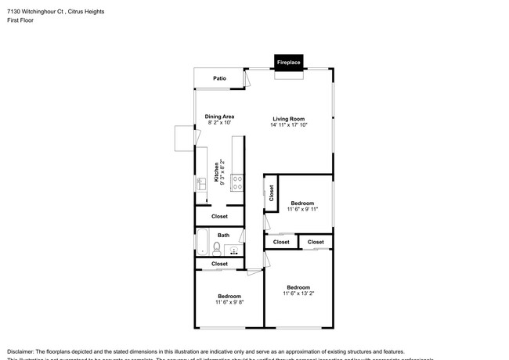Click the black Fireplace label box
point(288,61)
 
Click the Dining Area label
point(219,117)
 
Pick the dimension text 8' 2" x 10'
point(220,123)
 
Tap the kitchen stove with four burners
point(236,183)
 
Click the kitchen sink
point(200,184)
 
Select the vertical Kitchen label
point(217,171)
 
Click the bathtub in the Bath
point(203,242)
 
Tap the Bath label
point(223,235)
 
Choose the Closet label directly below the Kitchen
point(220,216)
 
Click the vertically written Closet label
point(271,193)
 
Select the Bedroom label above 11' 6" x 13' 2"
point(298,286)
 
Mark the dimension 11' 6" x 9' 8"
point(229,302)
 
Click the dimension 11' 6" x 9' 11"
point(302,209)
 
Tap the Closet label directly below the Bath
point(220,264)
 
